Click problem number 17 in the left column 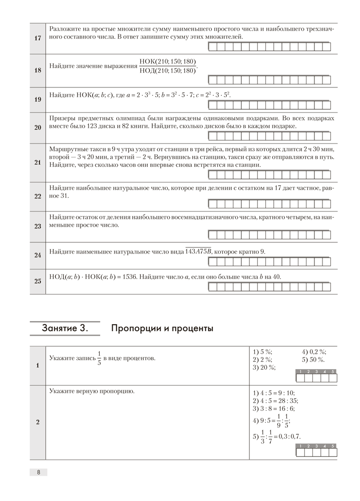pos(38,38)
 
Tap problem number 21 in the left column pos(38,162)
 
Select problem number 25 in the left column pos(38,281)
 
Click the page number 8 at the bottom pos(38,472)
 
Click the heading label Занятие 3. pos(65,329)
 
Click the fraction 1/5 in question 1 pos(99,358)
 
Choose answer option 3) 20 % pos(264,368)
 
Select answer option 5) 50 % pos(313,360)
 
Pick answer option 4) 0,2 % pos(314,352)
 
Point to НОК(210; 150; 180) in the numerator pos(168,62)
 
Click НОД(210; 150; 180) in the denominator pos(168,71)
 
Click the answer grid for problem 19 pos(269,105)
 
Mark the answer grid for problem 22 pos(269,204)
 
